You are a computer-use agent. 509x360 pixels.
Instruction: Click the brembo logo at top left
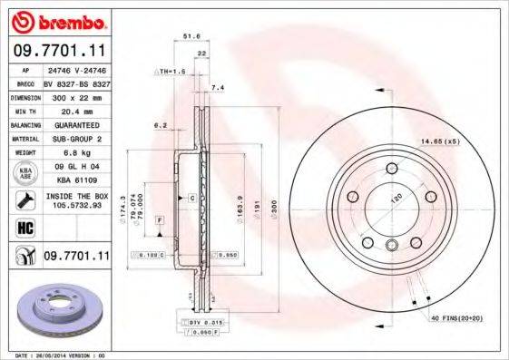click(x=55, y=21)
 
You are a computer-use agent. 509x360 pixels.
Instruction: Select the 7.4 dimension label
click(x=217, y=87)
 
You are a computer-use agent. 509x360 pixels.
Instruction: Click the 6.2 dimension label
click(x=161, y=124)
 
